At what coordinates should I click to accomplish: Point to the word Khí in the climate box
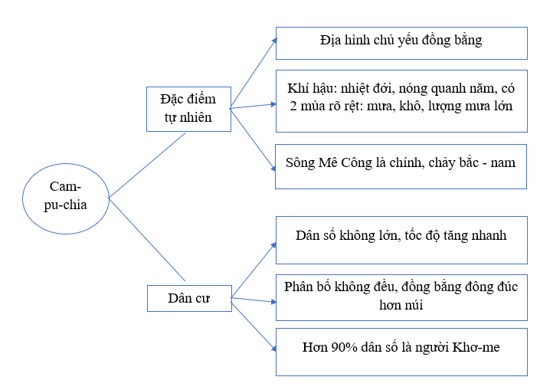click(x=296, y=89)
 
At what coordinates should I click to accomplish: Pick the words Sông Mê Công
click(x=329, y=163)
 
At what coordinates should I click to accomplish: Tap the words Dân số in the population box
click(x=316, y=236)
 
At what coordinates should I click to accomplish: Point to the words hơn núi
click(x=401, y=305)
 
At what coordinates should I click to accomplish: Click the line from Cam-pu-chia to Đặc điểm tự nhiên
click(x=147, y=166)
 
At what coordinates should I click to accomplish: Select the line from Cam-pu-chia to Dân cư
click(x=147, y=240)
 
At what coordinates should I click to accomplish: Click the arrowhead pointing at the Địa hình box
click(x=274, y=41)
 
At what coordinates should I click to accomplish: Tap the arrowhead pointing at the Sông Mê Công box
click(x=273, y=168)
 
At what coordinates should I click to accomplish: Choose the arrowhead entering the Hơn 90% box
click(x=273, y=349)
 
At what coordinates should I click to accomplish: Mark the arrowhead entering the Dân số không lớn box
click(x=273, y=245)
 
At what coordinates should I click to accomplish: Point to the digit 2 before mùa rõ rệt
click(x=293, y=106)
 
